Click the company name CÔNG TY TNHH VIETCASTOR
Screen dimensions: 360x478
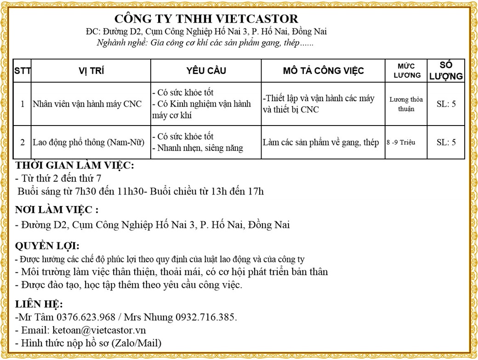point(206,18)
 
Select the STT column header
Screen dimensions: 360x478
point(22,71)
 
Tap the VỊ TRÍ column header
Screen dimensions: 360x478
point(91,71)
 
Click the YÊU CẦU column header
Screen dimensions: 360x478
point(206,71)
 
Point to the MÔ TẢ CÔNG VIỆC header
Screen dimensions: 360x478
point(323,71)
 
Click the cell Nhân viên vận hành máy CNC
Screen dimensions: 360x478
point(87,104)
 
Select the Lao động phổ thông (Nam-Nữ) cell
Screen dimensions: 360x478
point(88,143)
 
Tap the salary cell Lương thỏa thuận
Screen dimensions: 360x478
point(406,104)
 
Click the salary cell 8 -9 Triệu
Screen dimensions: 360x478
point(401,143)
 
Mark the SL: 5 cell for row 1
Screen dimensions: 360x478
point(446,104)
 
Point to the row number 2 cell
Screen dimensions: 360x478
point(22,143)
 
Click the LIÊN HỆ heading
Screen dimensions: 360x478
point(39,304)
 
